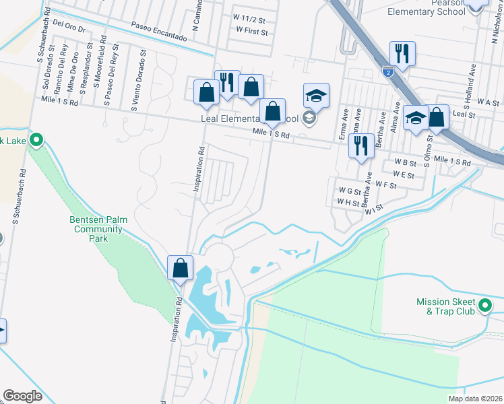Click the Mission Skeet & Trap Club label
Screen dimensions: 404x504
click(446, 307)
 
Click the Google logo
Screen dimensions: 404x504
click(22, 396)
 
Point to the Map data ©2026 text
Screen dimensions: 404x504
click(475, 399)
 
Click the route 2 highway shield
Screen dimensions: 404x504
click(388, 70)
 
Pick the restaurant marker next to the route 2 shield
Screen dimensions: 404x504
click(402, 53)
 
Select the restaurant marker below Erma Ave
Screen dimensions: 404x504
click(361, 145)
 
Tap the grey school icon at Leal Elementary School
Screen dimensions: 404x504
click(309, 119)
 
